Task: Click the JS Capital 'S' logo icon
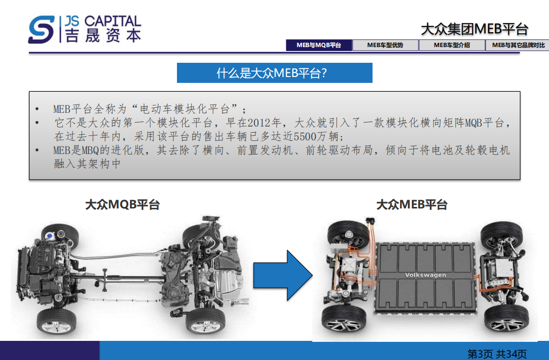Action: pos(41,29)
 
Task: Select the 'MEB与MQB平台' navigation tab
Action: pos(319,45)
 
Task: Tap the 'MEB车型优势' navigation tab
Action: pos(385,45)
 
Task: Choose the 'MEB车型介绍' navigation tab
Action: pos(451,45)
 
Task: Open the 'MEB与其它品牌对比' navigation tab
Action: pos(518,45)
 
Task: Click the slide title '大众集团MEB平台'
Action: pos(474,29)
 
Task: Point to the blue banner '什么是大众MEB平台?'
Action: pos(274,73)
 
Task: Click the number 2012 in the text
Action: pos(259,123)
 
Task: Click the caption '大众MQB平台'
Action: pos(123,205)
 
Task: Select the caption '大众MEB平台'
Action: pos(412,205)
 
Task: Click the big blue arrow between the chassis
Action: pos(283,275)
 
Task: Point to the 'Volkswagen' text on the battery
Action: pos(425,275)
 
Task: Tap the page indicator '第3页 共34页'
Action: pos(497,354)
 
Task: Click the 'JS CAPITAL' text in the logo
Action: pos(103,22)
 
